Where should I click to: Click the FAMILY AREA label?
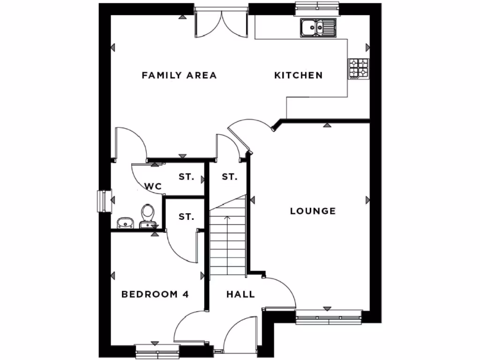tap(179, 75)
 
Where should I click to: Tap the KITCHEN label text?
tap(299, 75)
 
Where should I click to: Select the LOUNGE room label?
tap(313, 211)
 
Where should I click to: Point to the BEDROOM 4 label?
tap(155, 294)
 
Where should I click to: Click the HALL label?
tap(240, 294)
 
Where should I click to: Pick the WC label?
tap(153, 186)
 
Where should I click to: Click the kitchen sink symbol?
tap(318, 28)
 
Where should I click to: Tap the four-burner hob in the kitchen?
tap(358, 68)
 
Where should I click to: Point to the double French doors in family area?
tap(221, 23)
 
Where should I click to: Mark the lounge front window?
tap(329, 318)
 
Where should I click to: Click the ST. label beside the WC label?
tap(186, 177)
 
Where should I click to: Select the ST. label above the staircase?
tap(229, 177)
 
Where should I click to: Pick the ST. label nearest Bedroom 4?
tap(186, 217)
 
